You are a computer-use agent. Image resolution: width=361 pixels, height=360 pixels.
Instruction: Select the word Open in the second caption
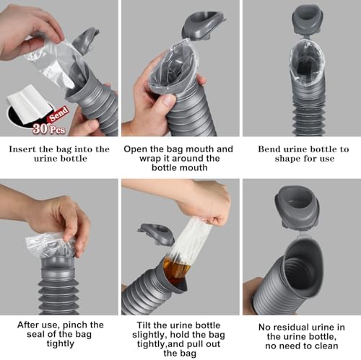point(136,149)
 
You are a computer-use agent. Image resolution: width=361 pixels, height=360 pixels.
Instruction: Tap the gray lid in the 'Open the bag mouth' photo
point(204,22)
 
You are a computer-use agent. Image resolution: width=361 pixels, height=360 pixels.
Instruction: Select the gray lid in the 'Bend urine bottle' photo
point(307,17)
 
